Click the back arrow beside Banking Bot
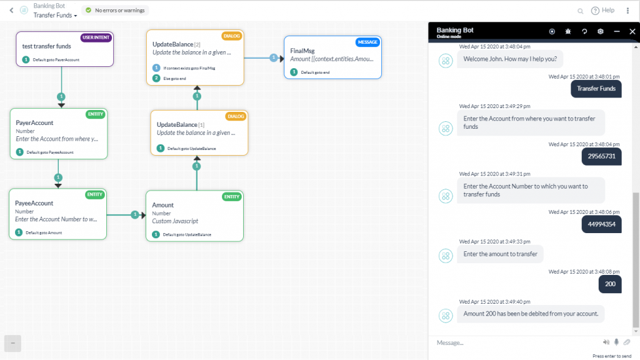[11, 11]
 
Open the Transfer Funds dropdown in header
[56, 15]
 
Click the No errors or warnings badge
[116, 11]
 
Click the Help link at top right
[603, 11]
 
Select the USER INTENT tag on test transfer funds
[96, 37]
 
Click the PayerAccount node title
[34, 123]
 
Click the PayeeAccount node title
[34, 203]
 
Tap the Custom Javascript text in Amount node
[175, 221]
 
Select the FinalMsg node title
[302, 50]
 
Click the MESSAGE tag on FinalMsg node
[367, 42]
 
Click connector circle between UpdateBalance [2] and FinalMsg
[273, 57]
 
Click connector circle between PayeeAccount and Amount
[134, 215]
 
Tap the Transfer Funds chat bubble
[596, 89]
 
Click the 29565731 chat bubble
[601, 156]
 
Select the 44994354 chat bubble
[601, 224]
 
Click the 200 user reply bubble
[609, 284]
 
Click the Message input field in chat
[512, 342]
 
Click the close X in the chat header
[632, 31]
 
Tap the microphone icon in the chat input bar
[616, 342]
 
